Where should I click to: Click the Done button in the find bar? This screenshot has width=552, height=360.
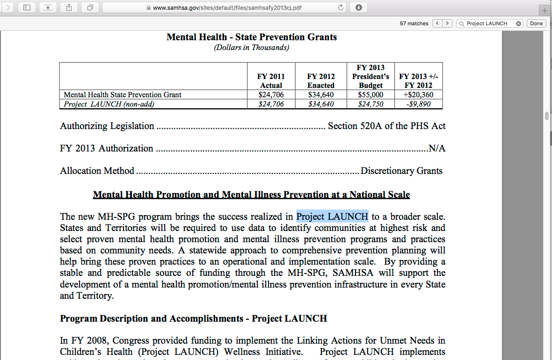[x=537, y=23]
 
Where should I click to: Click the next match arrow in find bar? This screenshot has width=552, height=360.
[x=448, y=23]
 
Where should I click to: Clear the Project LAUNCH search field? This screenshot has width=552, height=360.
[x=518, y=23]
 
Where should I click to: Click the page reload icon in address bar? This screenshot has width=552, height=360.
[x=341, y=7]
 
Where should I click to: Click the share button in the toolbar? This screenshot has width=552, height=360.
[x=69, y=7]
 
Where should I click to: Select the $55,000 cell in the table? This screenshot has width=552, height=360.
[x=370, y=95]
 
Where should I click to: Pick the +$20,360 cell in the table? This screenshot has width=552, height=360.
[x=418, y=95]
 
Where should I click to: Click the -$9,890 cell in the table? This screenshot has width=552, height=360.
[x=418, y=104]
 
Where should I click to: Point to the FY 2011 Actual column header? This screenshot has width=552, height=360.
[x=271, y=81]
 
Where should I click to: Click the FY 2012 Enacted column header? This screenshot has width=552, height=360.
[x=320, y=81]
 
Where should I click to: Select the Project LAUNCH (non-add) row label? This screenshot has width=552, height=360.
[x=109, y=104]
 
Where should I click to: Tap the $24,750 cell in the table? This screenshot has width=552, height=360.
[x=370, y=104]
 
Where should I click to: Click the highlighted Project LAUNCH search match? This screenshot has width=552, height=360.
[x=332, y=216]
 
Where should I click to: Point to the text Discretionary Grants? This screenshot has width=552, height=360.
[x=401, y=171]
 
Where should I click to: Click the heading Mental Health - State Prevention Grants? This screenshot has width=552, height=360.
[x=252, y=37]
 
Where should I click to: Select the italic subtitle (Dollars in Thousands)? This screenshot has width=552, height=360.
[x=252, y=48]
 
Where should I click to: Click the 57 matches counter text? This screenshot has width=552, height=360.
[x=414, y=23]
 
